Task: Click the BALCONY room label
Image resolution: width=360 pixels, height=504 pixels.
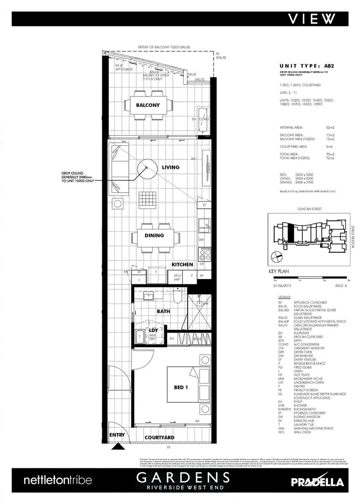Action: (147, 105)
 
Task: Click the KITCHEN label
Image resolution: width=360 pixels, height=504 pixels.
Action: (182, 264)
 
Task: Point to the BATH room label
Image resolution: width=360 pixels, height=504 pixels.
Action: (163, 312)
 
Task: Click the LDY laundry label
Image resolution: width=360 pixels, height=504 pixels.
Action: (155, 331)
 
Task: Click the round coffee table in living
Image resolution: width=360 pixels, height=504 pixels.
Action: (147, 169)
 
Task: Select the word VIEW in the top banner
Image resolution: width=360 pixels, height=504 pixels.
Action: (312, 19)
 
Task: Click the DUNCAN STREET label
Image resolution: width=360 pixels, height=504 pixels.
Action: (310, 209)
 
